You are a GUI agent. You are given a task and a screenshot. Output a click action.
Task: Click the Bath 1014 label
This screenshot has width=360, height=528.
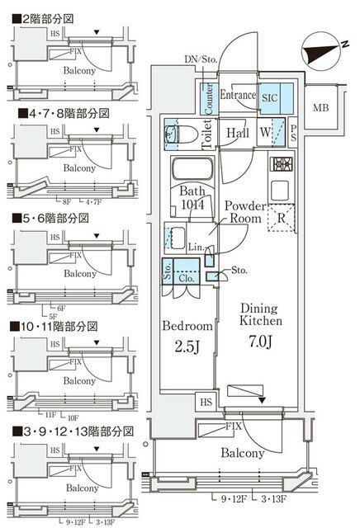pos(192,198)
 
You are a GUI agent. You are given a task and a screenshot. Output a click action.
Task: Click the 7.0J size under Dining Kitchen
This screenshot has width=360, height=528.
pos(262,339)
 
